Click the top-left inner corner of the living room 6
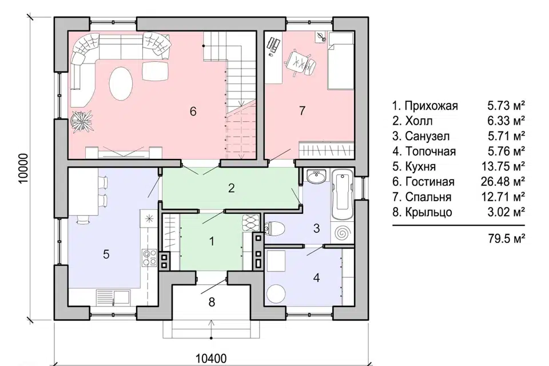(x=68, y=31)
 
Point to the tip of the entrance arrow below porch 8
(x=212, y=320)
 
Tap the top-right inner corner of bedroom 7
(x=354, y=31)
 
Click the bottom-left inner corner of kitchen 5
(x=68, y=305)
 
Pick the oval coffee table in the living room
(x=121, y=83)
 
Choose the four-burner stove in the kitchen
(x=149, y=258)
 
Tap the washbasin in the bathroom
(x=316, y=176)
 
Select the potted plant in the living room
(x=82, y=122)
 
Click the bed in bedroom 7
(x=340, y=61)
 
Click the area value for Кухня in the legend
(x=503, y=166)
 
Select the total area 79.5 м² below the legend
(x=506, y=239)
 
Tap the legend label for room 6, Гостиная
(x=430, y=182)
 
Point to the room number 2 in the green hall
(x=231, y=188)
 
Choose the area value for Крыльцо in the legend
(x=506, y=212)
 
